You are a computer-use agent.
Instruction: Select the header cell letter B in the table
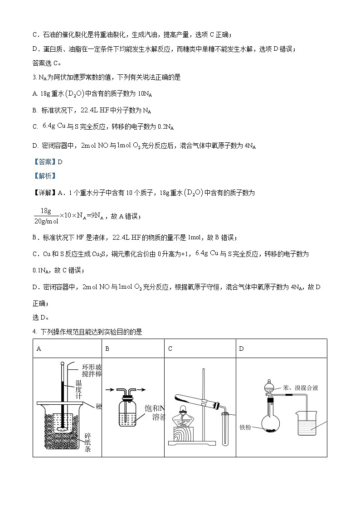107,349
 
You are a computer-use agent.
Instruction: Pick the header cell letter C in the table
170,349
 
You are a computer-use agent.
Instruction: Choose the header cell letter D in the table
241,349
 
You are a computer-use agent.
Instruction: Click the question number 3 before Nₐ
34,78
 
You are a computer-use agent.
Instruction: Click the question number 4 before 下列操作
35,332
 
